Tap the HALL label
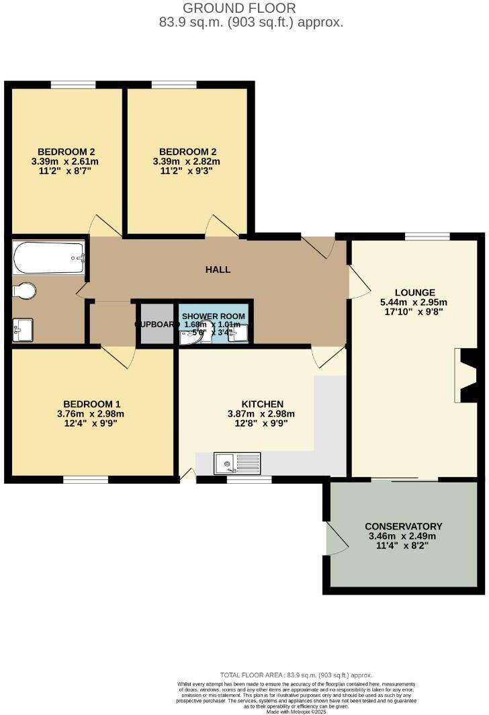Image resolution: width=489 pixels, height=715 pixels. (218, 269)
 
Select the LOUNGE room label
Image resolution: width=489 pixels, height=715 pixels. (414, 293)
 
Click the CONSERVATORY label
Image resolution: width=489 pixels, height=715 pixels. (403, 526)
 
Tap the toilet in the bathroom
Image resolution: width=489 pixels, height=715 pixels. (25, 291)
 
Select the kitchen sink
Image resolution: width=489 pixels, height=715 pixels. (237, 463)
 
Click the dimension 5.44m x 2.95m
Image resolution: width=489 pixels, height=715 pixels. (413, 302)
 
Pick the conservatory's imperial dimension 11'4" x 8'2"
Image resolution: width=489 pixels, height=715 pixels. (403, 546)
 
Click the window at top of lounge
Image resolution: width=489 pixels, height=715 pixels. (427, 236)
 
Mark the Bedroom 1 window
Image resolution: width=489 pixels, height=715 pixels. (86, 479)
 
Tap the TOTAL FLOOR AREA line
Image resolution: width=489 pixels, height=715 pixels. (296, 675)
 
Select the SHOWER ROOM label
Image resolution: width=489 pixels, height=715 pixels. (213, 316)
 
